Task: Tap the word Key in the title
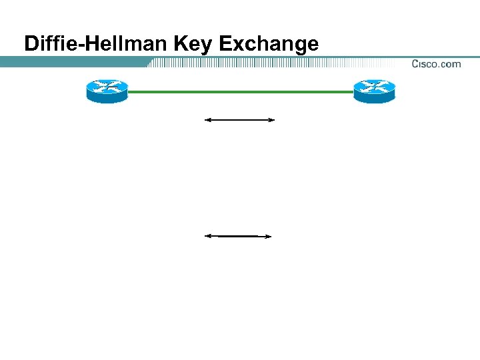[x=193, y=45]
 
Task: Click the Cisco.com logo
[x=436, y=64]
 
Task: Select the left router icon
[x=106, y=91]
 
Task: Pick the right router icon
[x=374, y=91]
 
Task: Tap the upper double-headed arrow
[x=239, y=120]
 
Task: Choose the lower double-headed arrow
[x=238, y=236]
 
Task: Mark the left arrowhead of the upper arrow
[x=207, y=120]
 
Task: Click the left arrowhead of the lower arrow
[x=207, y=236]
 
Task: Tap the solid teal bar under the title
[x=73, y=62]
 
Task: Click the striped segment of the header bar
[x=267, y=63]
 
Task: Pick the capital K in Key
[x=181, y=44]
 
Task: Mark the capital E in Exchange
[x=225, y=44]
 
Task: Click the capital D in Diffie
[x=31, y=44]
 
